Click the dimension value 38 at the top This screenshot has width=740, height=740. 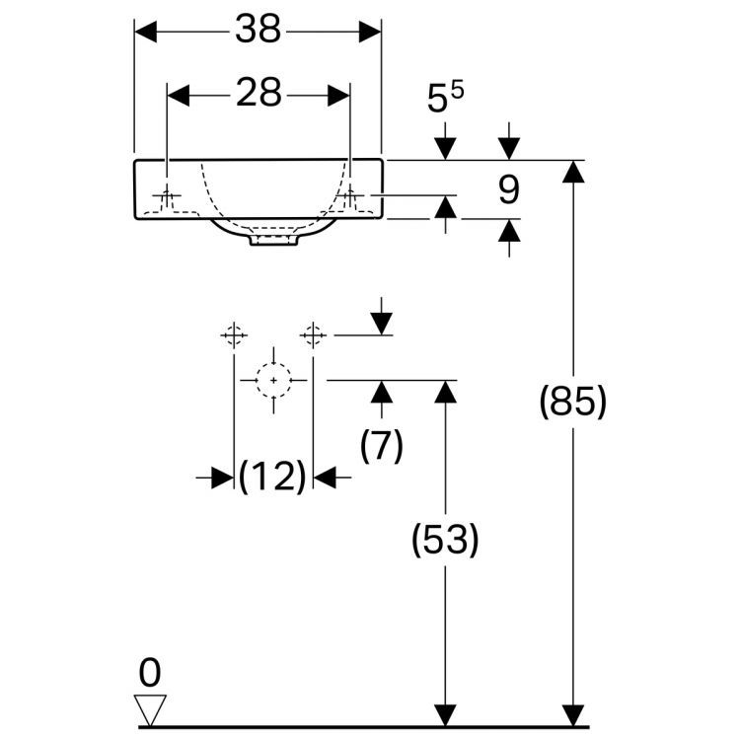pyautogui.click(x=258, y=32)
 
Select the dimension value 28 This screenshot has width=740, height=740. pyautogui.click(x=259, y=94)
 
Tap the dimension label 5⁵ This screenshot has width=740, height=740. pyautogui.click(x=445, y=100)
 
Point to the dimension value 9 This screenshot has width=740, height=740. pyautogui.click(x=508, y=189)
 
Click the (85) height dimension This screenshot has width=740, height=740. pyautogui.click(x=573, y=403)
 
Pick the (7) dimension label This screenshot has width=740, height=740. pyautogui.click(x=382, y=447)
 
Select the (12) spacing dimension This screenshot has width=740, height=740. pyautogui.click(x=273, y=479)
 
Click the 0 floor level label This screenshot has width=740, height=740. pyautogui.click(x=149, y=674)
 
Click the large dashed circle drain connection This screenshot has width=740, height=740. pyautogui.click(x=273, y=379)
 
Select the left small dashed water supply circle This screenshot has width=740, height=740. pyautogui.click(x=233, y=335)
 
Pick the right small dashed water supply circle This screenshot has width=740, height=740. pyautogui.click(x=314, y=335)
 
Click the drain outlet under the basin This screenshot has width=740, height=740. pyautogui.click(x=274, y=238)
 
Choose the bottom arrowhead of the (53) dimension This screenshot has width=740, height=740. pyautogui.click(x=446, y=716)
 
